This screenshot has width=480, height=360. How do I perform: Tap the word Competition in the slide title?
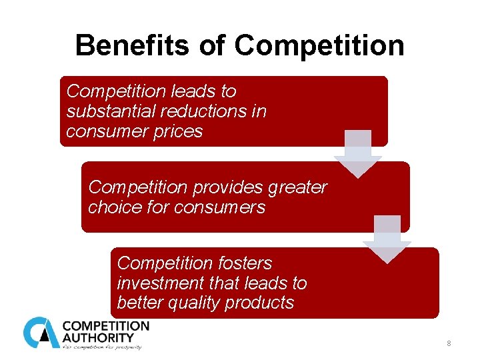tap(319, 46)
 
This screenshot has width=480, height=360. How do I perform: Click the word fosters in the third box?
tap(248, 263)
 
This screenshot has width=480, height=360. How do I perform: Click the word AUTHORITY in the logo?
tap(98, 337)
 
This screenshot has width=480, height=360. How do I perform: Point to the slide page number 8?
tap(449, 343)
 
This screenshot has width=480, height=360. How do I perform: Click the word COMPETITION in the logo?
tap(106, 326)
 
